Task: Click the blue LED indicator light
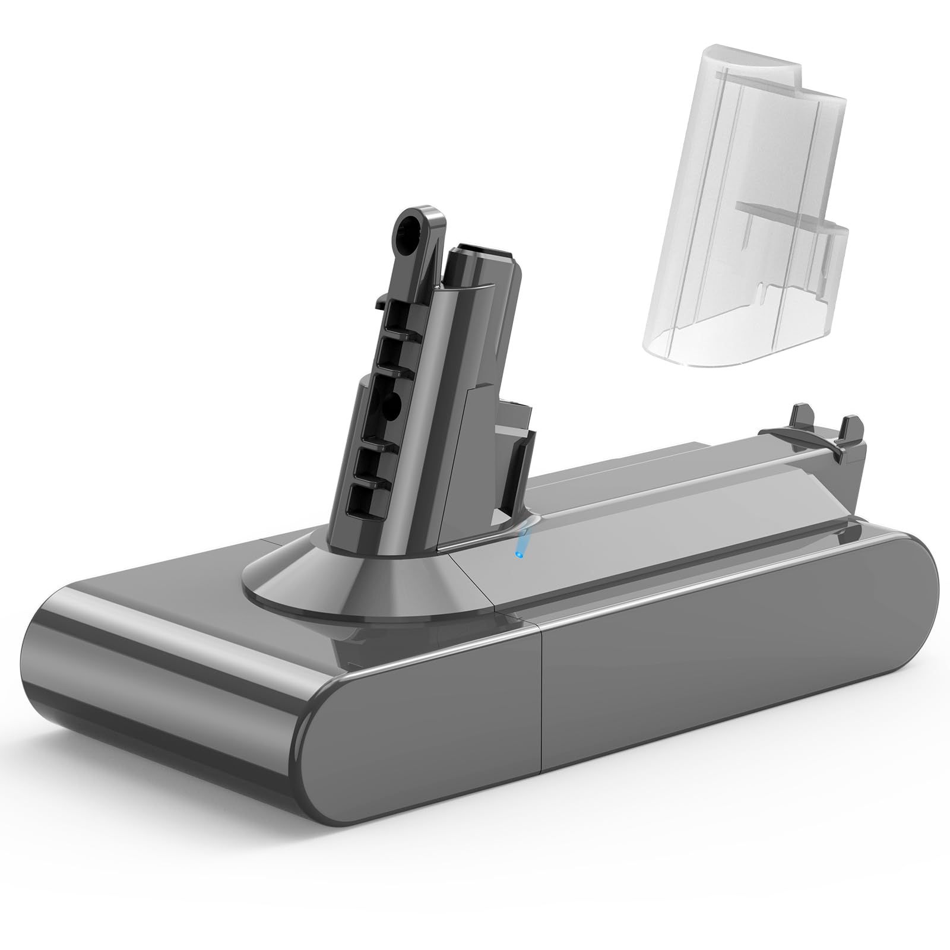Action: pos(518,554)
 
